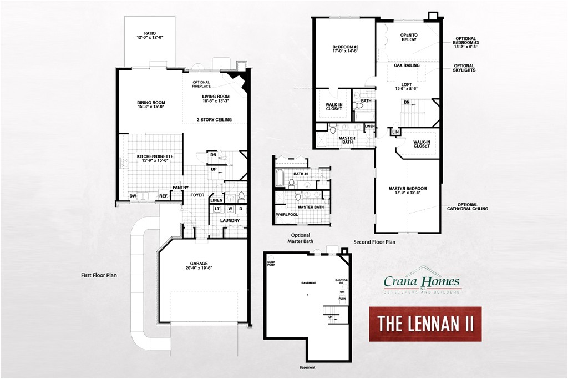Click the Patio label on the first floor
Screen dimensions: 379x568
tap(149, 35)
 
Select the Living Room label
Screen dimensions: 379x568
tap(216, 99)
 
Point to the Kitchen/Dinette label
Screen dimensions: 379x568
tap(155, 159)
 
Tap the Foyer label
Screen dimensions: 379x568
tap(197, 195)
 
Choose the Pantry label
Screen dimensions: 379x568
tap(180, 188)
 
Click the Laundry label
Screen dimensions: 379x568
tap(230, 220)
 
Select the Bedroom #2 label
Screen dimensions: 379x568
tap(346, 48)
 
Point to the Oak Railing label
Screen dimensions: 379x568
tap(407, 65)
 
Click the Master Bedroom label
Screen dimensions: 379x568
tap(408, 191)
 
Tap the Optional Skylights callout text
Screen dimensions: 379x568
tap(464, 68)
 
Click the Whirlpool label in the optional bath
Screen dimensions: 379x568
tap(287, 215)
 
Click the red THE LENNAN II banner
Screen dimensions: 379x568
tap(425, 324)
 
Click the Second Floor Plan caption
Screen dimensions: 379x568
tap(374, 242)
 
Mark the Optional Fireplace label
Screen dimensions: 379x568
tap(201, 84)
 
